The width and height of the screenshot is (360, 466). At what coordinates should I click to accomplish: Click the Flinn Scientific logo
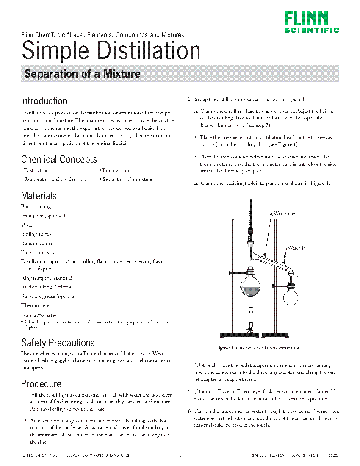(x=312, y=22)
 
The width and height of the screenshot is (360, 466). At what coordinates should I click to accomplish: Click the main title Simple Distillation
(x=111, y=51)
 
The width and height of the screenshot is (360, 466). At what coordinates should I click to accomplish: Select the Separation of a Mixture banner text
(x=83, y=74)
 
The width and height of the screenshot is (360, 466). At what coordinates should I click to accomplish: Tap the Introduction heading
(x=44, y=101)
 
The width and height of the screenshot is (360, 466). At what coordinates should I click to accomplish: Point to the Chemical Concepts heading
(x=59, y=159)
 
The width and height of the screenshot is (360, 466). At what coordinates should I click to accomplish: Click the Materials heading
(x=39, y=196)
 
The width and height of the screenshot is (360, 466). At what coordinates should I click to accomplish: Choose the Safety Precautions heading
(x=58, y=342)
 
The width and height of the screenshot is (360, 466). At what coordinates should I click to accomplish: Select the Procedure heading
(x=41, y=384)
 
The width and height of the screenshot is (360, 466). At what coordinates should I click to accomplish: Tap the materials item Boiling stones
(x=36, y=234)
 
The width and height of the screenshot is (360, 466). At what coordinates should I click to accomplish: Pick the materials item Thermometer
(x=36, y=305)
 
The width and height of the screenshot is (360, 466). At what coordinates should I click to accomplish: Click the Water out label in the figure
(x=284, y=214)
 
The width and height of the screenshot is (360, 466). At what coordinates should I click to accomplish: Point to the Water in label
(x=296, y=248)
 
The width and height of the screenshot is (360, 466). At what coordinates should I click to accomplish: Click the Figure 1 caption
(x=258, y=348)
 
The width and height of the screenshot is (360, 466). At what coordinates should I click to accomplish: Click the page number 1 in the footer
(x=180, y=455)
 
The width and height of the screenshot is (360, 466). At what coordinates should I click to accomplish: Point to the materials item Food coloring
(x=36, y=206)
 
